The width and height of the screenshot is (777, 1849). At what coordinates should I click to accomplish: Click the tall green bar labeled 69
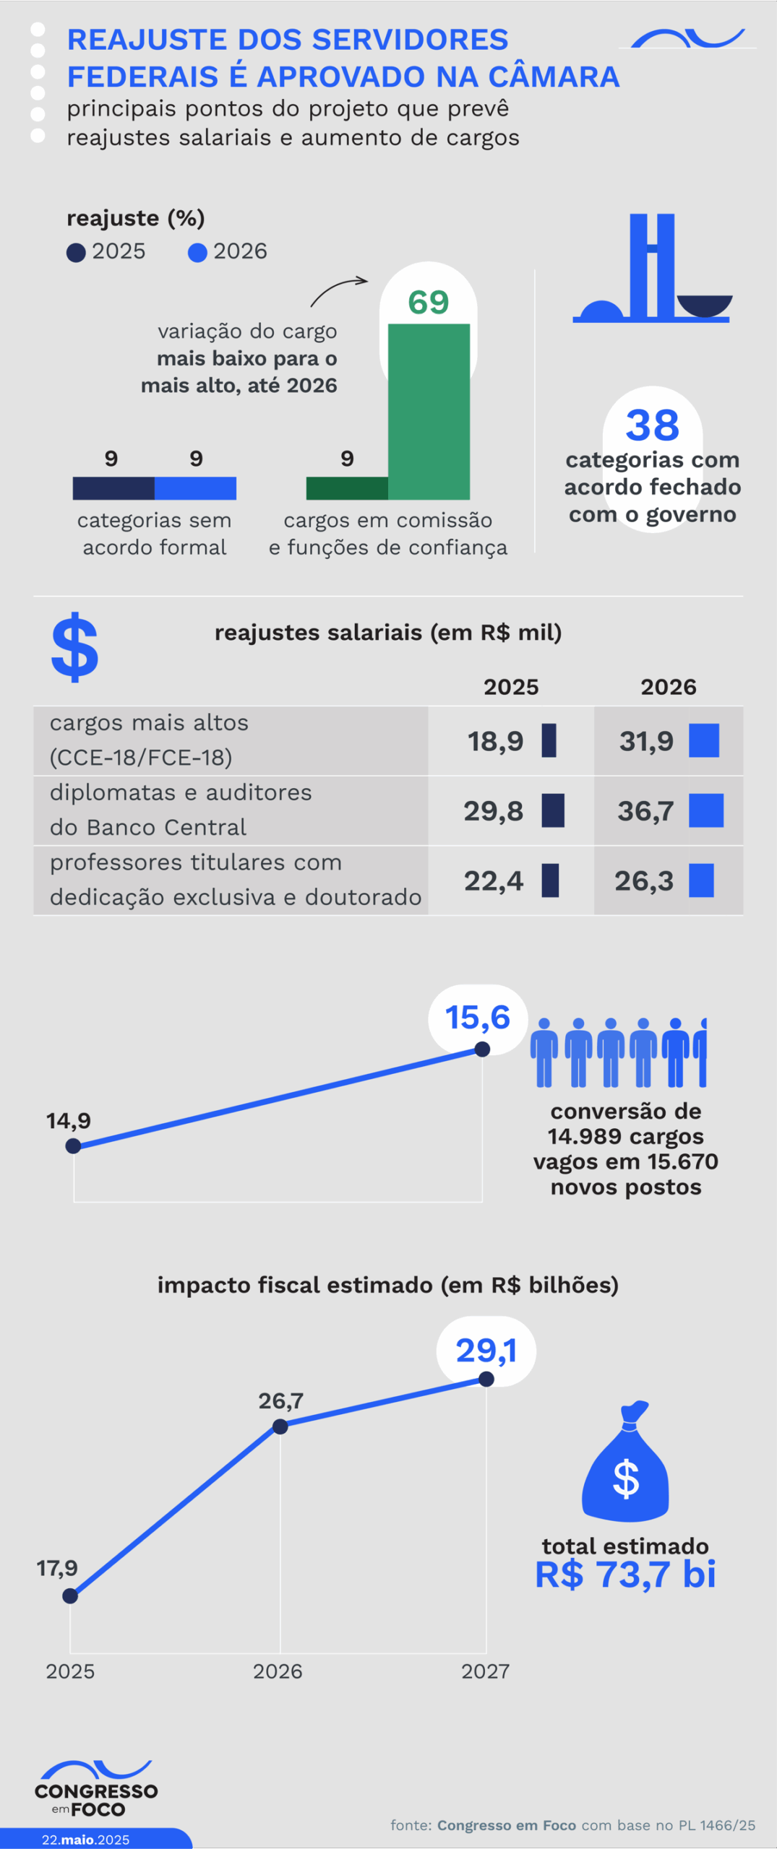tap(429, 412)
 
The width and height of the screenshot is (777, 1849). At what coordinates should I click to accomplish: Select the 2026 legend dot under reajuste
tap(197, 253)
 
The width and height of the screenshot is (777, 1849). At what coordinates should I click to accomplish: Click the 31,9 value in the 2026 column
tap(646, 741)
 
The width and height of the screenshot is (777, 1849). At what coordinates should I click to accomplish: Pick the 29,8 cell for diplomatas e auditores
tap(494, 811)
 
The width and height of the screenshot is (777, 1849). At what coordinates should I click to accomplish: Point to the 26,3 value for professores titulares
tap(643, 881)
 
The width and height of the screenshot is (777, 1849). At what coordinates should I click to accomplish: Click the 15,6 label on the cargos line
tap(478, 1018)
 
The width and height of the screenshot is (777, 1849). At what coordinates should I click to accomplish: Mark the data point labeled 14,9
tap(73, 1146)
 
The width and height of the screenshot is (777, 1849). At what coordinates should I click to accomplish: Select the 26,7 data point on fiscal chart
tap(280, 1426)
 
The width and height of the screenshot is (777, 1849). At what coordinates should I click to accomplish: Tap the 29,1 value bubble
tap(486, 1350)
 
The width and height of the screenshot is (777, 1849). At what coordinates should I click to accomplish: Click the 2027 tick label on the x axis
tap(485, 1671)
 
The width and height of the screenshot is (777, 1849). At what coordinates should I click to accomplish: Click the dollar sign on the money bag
tap(625, 1478)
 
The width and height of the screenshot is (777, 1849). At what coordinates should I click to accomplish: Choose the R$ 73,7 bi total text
tap(625, 1575)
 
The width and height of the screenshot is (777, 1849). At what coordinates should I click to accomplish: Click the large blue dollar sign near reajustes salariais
tap(75, 647)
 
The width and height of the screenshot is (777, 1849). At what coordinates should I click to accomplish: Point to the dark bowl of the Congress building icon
tap(705, 306)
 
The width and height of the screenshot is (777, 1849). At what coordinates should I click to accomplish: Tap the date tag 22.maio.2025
tap(85, 1839)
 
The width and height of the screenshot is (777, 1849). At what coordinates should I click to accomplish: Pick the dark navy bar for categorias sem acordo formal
tap(113, 488)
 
